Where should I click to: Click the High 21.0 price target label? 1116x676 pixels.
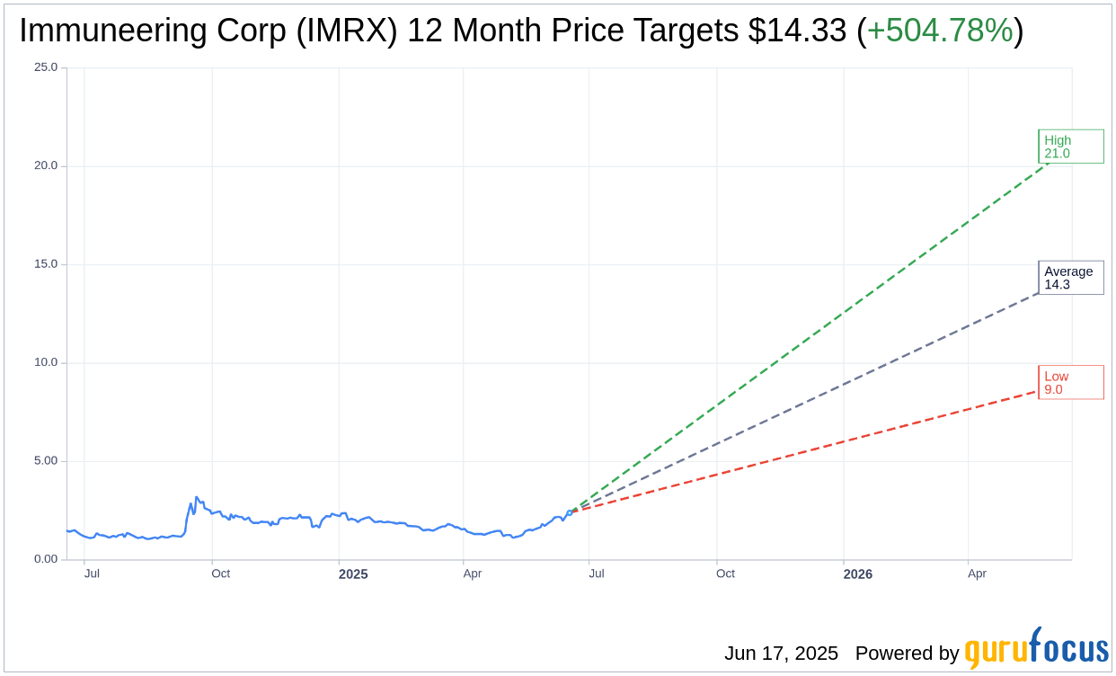1070,147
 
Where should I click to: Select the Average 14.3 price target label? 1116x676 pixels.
1070,278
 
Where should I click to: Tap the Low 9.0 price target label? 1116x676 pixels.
1070,382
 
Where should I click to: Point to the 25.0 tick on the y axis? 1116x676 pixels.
46,67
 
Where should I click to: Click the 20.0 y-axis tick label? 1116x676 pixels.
46,165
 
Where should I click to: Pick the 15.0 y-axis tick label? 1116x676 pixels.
46,264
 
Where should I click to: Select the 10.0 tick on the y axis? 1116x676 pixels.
46,362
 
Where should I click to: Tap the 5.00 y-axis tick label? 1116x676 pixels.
46,461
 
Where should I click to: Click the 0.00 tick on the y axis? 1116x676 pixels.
46,559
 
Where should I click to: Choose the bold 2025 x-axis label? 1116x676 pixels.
353,574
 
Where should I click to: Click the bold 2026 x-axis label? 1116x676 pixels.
857,574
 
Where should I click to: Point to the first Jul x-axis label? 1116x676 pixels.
92,574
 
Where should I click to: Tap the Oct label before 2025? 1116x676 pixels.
220,574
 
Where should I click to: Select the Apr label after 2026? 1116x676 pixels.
977,574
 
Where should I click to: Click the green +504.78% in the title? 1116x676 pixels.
940,31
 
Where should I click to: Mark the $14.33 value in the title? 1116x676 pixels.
797,31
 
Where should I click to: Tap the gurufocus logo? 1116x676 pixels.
1036,649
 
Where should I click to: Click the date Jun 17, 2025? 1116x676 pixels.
781,654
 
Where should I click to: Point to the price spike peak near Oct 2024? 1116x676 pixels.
197,497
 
